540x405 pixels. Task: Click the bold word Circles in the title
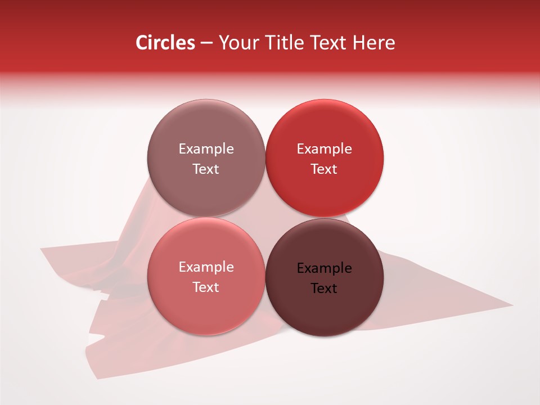pyautogui.click(x=165, y=43)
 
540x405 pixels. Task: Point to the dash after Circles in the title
pyautogui.click(x=206, y=43)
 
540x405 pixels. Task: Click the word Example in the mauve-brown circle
pyautogui.click(x=206, y=148)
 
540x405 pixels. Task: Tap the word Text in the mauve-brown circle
pyautogui.click(x=206, y=169)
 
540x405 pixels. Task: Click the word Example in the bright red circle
pyautogui.click(x=324, y=148)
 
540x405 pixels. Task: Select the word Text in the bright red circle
pyautogui.click(x=324, y=169)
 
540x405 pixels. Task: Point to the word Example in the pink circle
pyautogui.click(x=206, y=267)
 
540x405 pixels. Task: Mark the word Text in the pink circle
pyautogui.click(x=206, y=287)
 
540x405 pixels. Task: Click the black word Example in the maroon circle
pyautogui.click(x=324, y=268)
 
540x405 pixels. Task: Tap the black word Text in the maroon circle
pyautogui.click(x=324, y=288)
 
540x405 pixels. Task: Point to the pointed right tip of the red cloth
pyautogui.click(x=511, y=305)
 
